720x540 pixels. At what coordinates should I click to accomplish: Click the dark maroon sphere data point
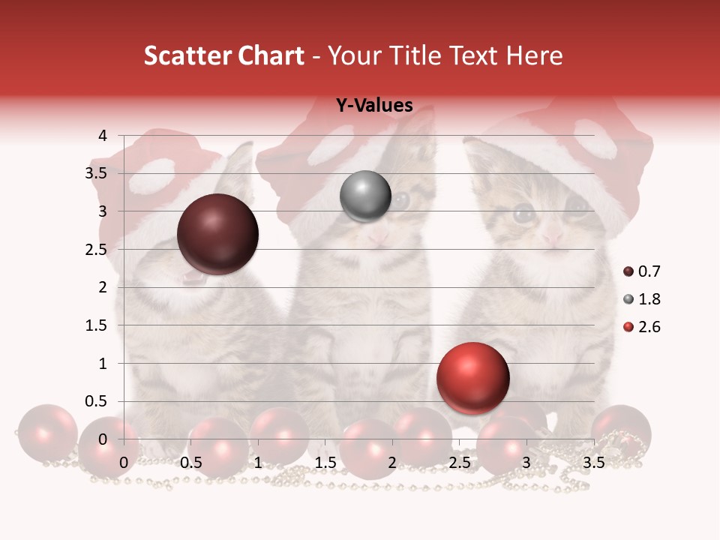coord(217,234)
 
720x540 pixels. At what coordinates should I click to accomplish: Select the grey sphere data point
coord(365,196)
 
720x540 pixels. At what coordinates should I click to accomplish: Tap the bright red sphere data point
coord(472,379)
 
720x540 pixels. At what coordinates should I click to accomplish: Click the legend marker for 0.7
coord(628,271)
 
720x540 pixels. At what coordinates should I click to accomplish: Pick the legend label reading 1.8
coord(649,299)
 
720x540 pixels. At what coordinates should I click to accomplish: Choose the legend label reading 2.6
coord(649,327)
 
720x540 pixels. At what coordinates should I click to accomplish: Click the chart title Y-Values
coord(373,106)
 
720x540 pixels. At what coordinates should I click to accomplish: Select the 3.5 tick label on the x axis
coord(593,463)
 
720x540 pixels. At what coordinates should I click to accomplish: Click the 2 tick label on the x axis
coord(392,463)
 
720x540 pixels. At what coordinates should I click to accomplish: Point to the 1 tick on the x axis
coord(258,463)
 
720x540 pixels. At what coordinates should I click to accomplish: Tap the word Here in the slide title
coord(533,55)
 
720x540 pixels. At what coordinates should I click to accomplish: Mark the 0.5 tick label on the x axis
coord(191,463)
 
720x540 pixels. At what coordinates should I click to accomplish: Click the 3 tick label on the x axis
coord(526,463)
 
